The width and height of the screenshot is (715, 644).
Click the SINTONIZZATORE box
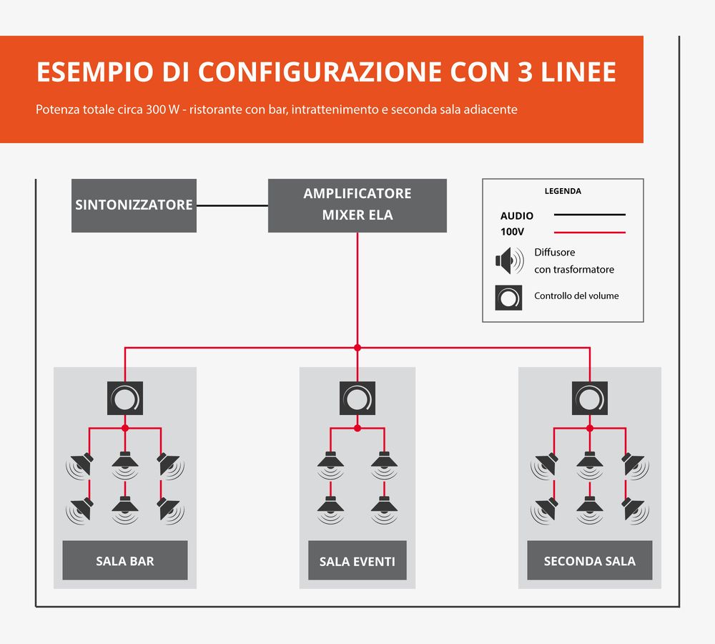pyautogui.click(x=134, y=205)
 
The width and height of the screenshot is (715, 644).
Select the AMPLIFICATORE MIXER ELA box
pyautogui.click(x=357, y=205)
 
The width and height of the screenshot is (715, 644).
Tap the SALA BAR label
pyautogui.click(x=125, y=560)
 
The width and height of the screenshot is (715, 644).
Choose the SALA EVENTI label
pyautogui.click(x=357, y=560)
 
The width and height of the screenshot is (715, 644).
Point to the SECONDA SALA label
pyautogui.click(x=590, y=560)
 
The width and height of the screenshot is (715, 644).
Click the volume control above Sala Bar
pyautogui.click(x=125, y=398)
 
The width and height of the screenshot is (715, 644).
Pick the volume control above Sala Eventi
pyautogui.click(x=357, y=398)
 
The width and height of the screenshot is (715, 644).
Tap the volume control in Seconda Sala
pyautogui.click(x=590, y=398)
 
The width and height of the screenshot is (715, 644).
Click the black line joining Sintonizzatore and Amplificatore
pyautogui.click(x=232, y=205)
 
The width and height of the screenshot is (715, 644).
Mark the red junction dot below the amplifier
pyautogui.click(x=357, y=348)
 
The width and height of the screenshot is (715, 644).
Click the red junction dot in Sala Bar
pyautogui.click(x=125, y=428)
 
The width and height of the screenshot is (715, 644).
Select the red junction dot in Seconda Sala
pyautogui.click(x=590, y=428)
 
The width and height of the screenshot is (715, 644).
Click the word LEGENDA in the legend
pyautogui.click(x=563, y=191)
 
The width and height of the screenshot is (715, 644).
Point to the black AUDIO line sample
pyautogui.click(x=590, y=215)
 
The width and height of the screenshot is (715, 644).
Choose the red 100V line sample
pyautogui.click(x=590, y=233)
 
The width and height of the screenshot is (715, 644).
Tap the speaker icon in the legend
pyautogui.click(x=509, y=260)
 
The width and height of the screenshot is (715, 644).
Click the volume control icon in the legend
pyautogui.click(x=508, y=298)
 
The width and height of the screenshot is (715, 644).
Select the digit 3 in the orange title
pyautogui.click(x=525, y=72)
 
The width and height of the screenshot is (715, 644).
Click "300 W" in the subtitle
pyautogui.click(x=162, y=109)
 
